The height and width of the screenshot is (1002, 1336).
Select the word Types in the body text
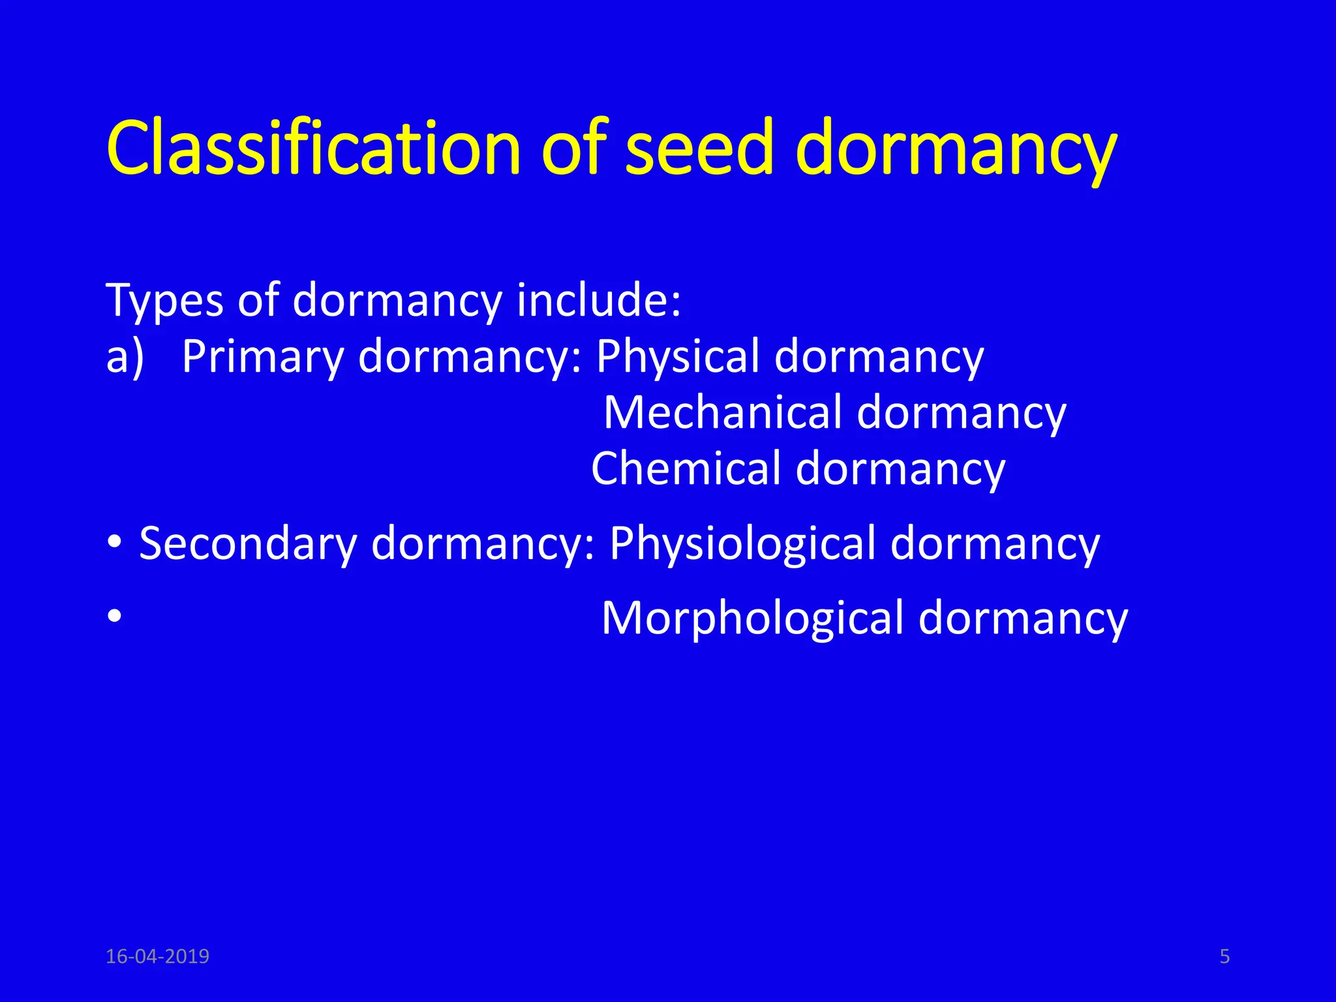[x=164, y=301]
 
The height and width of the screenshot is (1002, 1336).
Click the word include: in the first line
[x=599, y=301]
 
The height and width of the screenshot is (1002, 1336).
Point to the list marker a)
[x=125, y=357]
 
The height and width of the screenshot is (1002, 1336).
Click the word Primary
[x=262, y=357]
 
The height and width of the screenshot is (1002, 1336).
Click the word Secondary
[x=248, y=543]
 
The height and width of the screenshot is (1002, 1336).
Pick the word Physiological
[x=742, y=543]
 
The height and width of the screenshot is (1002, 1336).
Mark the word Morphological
[x=752, y=618]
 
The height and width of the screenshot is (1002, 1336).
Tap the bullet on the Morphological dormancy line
[x=115, y=616]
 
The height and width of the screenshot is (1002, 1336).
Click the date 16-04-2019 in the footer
[x=157, y=956]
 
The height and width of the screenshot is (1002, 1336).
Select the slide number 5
[x=1224, y=956]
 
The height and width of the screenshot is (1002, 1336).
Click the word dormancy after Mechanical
[x=962, y=414]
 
